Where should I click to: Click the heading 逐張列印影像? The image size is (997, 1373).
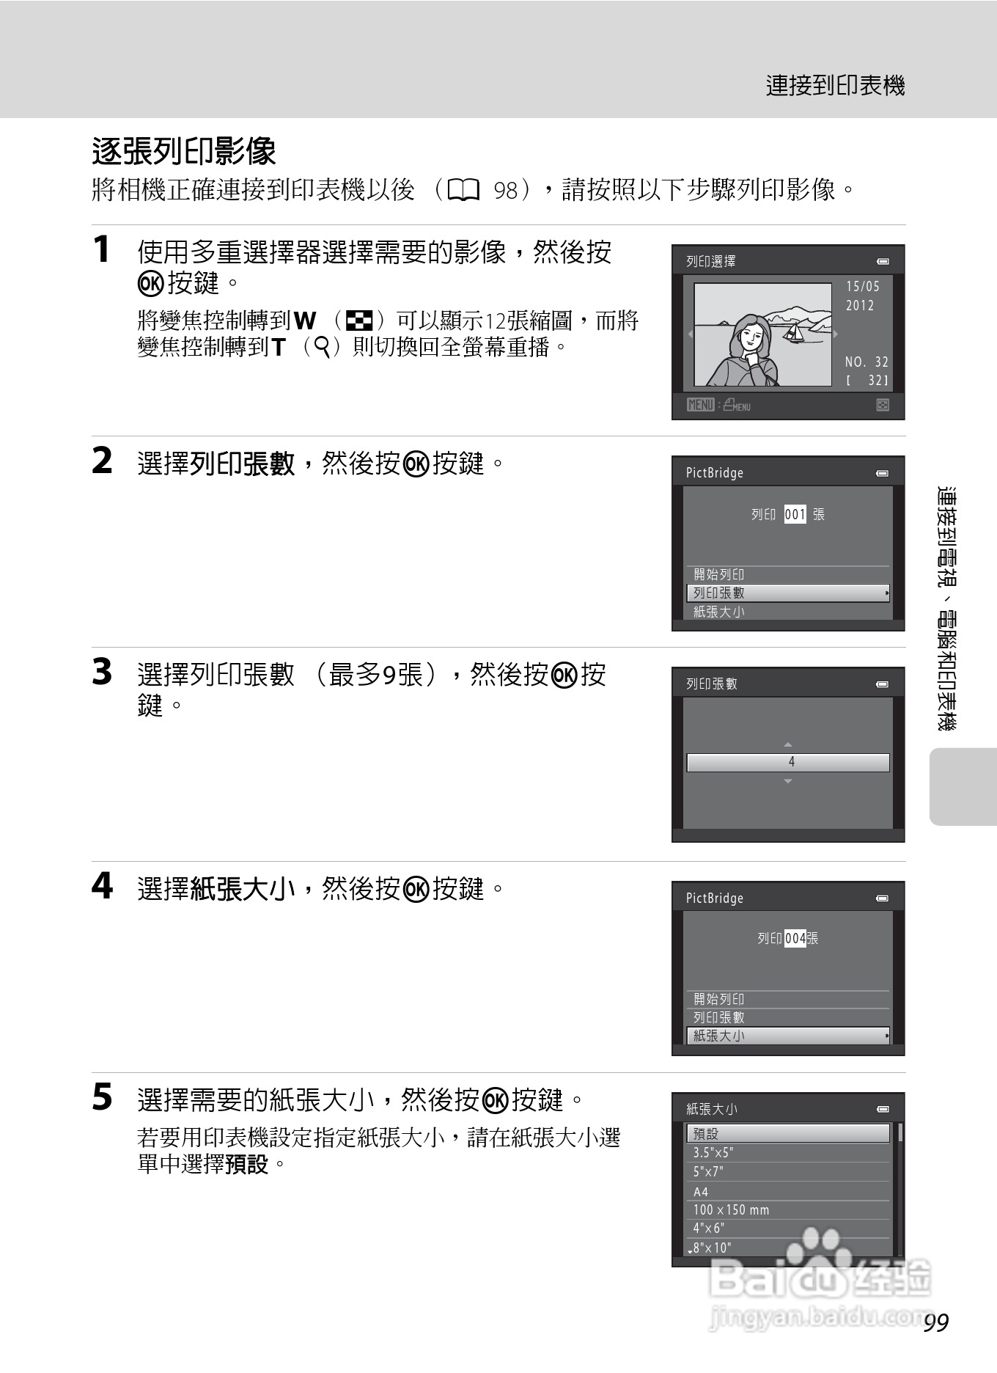coord(184,152)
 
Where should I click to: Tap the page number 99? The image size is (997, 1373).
coord(936,1322)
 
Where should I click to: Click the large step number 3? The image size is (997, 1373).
coord(102,672)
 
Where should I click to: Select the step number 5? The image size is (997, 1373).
coord(102,1097)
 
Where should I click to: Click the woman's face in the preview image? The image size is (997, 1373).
coord(750,339)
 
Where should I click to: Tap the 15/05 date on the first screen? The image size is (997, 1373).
coord(863,286)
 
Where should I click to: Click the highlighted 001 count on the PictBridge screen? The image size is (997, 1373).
coord(795,514)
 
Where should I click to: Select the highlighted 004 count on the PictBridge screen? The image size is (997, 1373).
coord(795,938)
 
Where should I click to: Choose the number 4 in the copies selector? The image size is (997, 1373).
coord(791,762)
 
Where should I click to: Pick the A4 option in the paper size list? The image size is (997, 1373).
coord(701,1192)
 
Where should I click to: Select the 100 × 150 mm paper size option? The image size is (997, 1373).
coord(731,1210)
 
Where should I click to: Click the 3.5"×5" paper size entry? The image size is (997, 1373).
coord(713,1153)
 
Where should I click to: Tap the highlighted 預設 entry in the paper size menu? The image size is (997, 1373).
coord(706,1134)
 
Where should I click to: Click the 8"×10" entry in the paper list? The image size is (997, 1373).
coord(712,1248)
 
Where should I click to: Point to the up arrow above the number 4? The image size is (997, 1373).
coord(788,745)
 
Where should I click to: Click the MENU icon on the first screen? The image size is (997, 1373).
coord(700,405)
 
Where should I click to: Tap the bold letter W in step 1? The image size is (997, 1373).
coord(305,321)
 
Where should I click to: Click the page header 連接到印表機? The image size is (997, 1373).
coord(836,86)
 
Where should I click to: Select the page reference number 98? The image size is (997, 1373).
coord(506,191)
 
